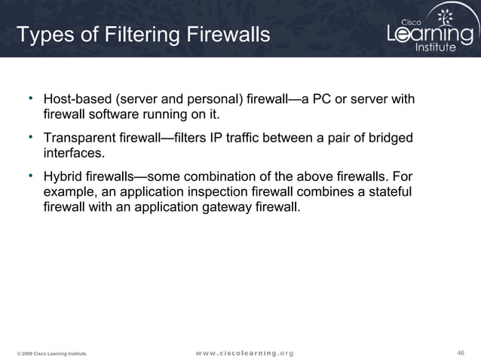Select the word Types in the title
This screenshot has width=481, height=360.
pyautogui.click(x=44, y=35)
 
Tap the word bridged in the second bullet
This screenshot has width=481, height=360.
pyautogui.click(x=390, y=139)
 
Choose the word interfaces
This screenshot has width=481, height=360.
pyautogui.click(x=72, y=154)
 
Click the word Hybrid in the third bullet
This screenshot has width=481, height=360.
pyautogui.click(x=63, y=177)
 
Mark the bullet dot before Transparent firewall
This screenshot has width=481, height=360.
pyautogui.click(x=31, y=136)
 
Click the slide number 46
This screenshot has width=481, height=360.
pyautogui.click(x=462, y=352)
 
